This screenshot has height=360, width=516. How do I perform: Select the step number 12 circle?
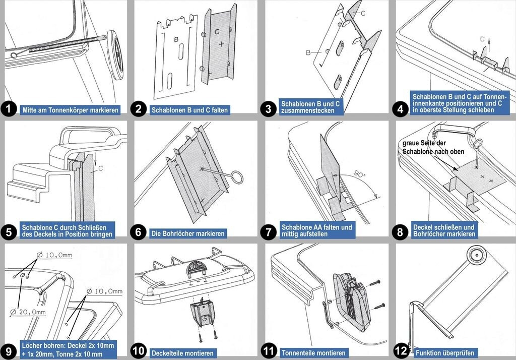coord(401,351)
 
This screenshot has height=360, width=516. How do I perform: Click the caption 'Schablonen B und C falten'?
coord(189,110)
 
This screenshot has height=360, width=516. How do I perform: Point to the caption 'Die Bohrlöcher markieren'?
coord(188,233)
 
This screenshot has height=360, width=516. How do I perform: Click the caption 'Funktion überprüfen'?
coord(445,353)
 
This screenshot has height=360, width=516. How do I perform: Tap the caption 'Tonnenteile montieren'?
coord(313,353)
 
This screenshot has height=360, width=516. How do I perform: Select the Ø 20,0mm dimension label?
coord(28,312)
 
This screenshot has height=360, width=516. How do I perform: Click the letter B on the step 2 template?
coord(176,39)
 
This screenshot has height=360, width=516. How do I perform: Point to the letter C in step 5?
coord(101,168)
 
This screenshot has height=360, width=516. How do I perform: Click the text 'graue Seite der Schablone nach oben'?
coord(433,147)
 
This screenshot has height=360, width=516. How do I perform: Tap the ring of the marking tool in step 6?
coord(236,176)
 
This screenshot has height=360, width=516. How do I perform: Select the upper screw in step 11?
coord(375,283)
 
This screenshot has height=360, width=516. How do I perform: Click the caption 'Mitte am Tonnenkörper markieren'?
coord(71,110)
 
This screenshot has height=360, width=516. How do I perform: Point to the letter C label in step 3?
coord(363,13)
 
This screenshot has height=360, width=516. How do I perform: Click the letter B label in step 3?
coord(308,52)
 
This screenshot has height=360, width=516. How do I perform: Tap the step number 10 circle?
coord(139,351)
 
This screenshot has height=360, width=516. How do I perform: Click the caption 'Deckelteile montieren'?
coord(182,353)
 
